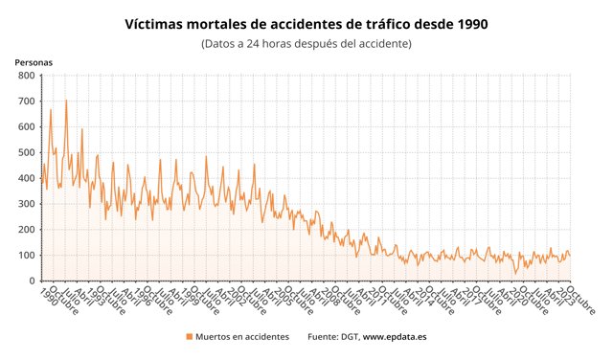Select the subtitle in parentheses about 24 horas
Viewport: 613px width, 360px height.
click(306, 44)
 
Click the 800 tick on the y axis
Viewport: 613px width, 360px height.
click(26, 76)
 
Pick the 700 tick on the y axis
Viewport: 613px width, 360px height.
click(26, 101)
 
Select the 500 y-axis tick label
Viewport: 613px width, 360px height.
click(26, 153)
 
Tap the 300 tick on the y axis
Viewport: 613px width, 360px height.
click(26, 204)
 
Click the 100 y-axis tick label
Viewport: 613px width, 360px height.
click(26, 256)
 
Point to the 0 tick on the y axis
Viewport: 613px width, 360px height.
click(32, 281)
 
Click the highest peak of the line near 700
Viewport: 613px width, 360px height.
click(65, 101)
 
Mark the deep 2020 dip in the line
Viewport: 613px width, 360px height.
click(515, 273)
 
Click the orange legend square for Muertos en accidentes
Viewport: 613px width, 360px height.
click(189, 337)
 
